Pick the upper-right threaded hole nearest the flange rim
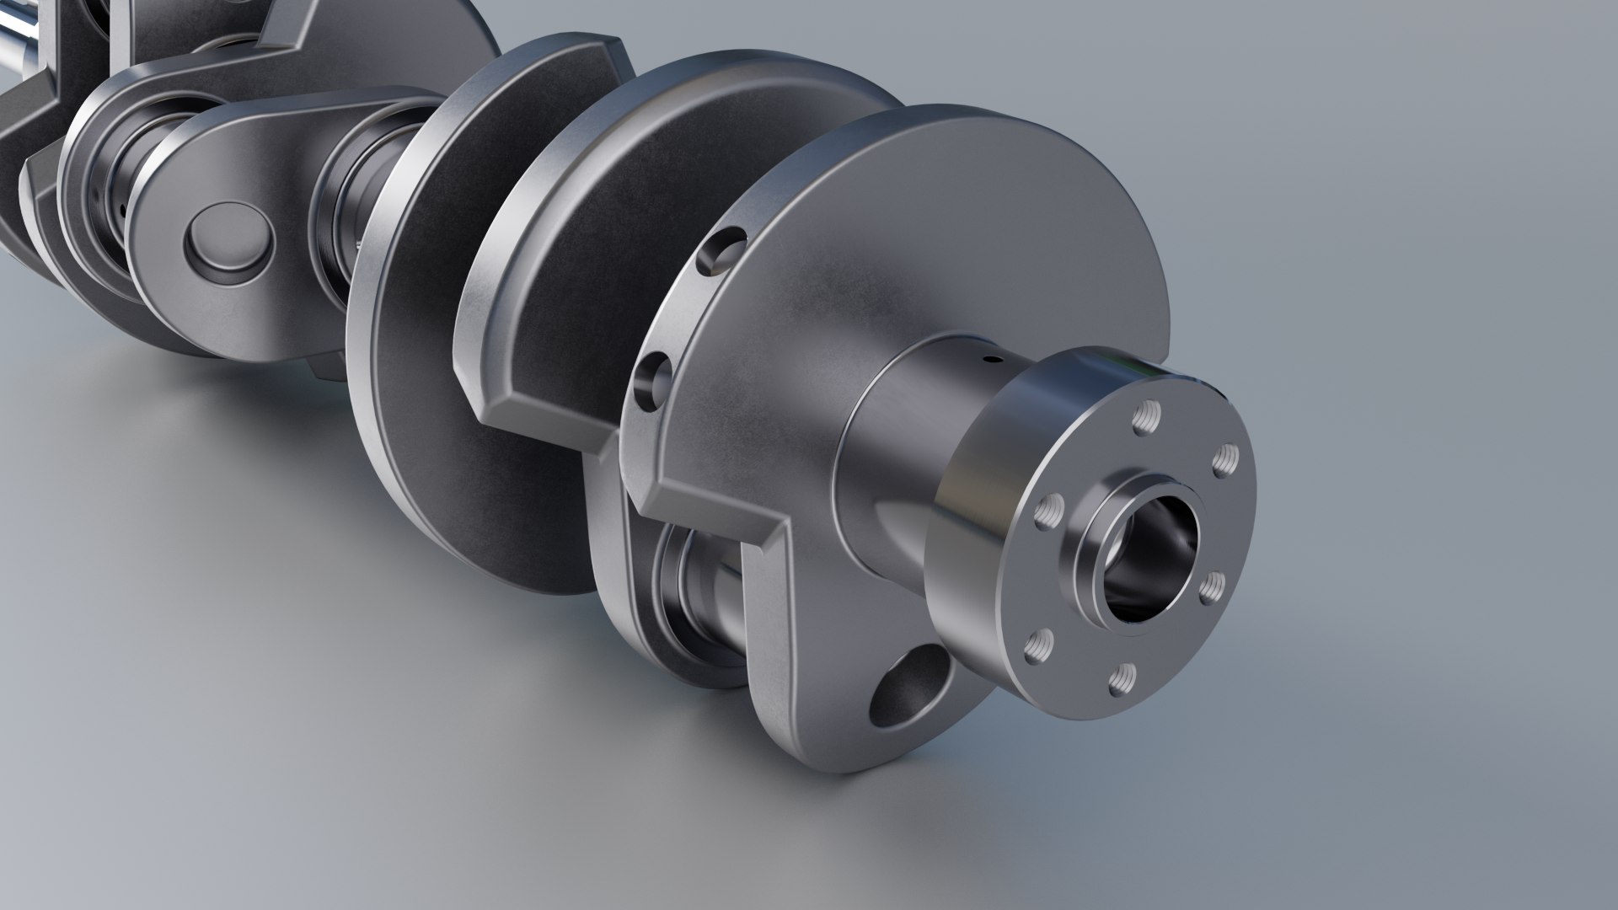pos(1224,461)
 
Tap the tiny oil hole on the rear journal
pos(995,361)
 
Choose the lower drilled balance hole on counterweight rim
pos(653,381)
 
